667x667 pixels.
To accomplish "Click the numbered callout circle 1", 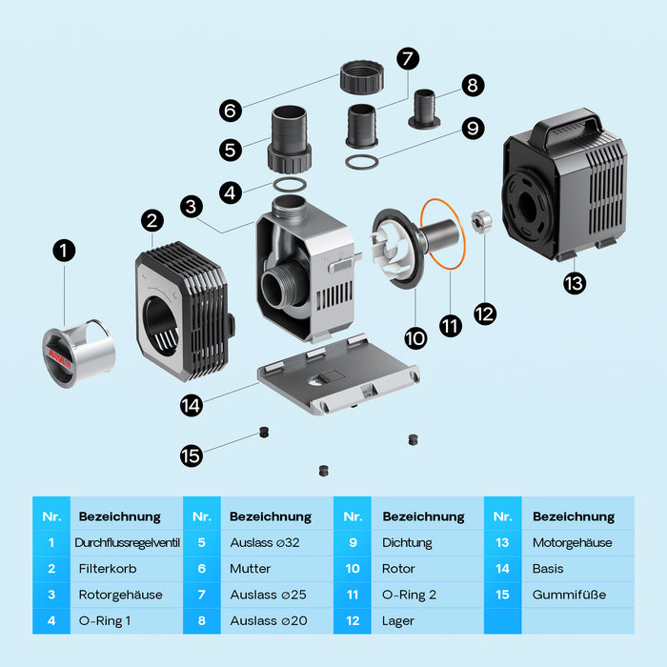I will coord(64,251).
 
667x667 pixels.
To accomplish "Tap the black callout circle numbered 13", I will coord(574,282).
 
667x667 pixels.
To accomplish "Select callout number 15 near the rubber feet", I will coord(192,455).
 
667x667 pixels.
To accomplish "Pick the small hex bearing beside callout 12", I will coord(482,222).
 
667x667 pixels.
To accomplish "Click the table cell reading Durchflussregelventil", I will coord(127,542).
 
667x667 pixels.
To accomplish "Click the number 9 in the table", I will coord(353,542).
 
